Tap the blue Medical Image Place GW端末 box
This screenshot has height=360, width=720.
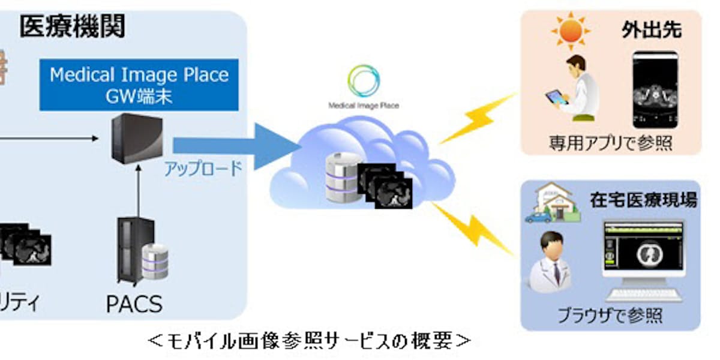(x=139, y=85)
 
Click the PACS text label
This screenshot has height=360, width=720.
(x=134, y=304)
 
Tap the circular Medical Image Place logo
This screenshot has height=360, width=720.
(x=364, y=82)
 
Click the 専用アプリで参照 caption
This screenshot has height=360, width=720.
(x=610, y=143)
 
